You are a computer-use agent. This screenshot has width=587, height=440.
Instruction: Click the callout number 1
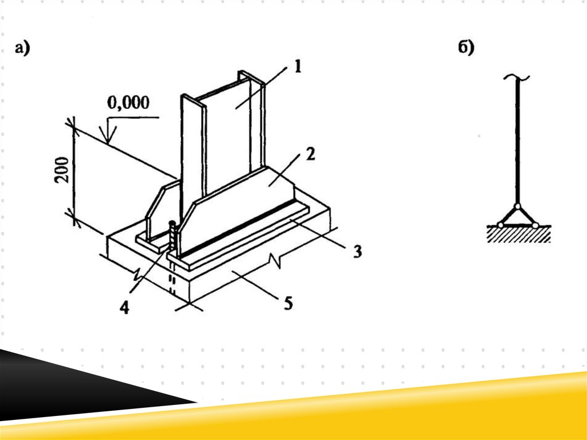298,67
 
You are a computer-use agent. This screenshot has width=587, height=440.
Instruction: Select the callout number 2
310,154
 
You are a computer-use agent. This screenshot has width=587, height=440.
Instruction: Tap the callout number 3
358,251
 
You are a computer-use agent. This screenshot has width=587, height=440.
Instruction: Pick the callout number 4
124,307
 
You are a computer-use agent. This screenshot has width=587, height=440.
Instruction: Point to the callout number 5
288,303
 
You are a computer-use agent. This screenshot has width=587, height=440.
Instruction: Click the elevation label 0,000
128,103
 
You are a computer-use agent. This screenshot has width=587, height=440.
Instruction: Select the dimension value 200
62,170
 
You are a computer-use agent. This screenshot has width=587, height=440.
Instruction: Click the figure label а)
22,48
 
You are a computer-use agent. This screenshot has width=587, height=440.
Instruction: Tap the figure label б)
466,48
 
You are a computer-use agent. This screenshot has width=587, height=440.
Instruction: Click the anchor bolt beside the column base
173,237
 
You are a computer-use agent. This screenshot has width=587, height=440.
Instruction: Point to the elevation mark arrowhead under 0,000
108,135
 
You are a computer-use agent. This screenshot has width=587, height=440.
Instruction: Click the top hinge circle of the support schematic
518,206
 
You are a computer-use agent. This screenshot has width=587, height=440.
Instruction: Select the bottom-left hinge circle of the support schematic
500,225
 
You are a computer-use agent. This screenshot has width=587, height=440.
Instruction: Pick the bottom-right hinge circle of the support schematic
535,225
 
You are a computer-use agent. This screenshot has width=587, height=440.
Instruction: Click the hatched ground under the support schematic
518,234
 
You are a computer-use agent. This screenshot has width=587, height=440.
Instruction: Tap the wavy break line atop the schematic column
517,77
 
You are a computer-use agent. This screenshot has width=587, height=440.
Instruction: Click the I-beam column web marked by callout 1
228,139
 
